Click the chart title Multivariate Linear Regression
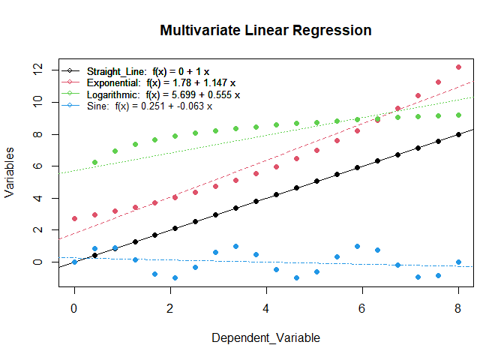click(265, 31)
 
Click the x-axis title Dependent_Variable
click(265, 338)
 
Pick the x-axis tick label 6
click(362, 308)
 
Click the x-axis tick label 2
click(170, 308)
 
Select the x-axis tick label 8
click(458, 308)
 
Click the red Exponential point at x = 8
click(458, 67)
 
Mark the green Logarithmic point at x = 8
click(458, 115)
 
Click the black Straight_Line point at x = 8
click(458, 134)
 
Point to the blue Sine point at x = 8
click(458, 262)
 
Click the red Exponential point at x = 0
click(74, 218)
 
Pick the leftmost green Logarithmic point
click(94, 162)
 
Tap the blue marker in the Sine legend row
click(69, 106)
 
